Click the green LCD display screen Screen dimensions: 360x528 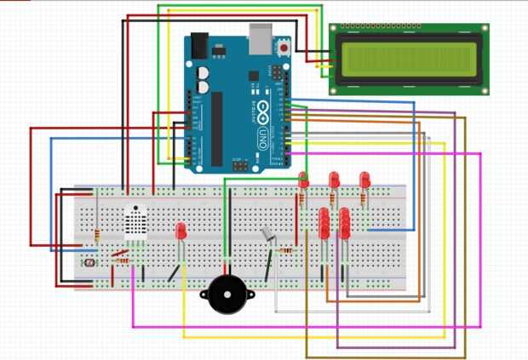click(x=408, y=57)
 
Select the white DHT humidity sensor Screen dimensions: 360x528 click(x=136, y=223)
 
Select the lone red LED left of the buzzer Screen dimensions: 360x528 click(x=181, y=231)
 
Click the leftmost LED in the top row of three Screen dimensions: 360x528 click(x=303, y=180)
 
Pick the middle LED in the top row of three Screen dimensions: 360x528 click(x=334, y=180)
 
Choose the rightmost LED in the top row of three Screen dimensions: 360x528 click(x=364, y=180)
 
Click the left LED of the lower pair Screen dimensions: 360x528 click(x=324, y=223)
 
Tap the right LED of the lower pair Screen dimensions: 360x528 click(x=345, y=223)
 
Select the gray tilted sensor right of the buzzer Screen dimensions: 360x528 click(x=268, y=235)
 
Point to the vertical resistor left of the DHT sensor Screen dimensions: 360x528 click(x=99, y=235)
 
